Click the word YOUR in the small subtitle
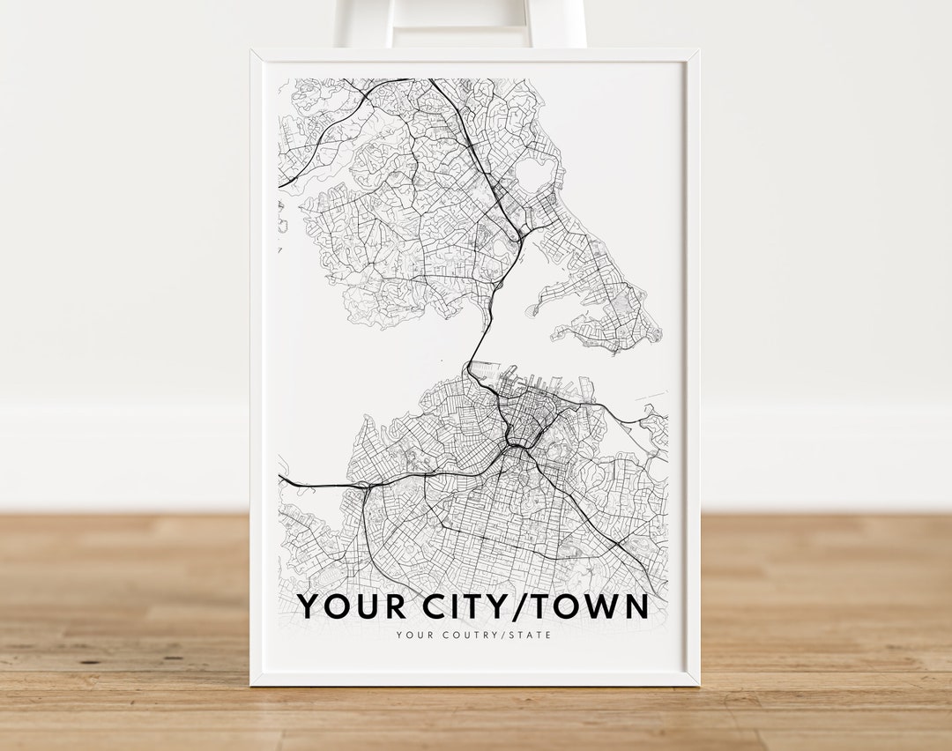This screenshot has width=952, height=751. coord(412,635)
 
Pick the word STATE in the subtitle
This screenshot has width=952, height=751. coord(532,635)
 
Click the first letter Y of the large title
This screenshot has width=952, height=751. coord(309,607)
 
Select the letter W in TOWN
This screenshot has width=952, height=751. coord(604,607)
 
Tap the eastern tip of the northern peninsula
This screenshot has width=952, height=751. coord(657,332)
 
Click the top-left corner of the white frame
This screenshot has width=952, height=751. coord(252,51)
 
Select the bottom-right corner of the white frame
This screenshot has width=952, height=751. coord(698,683)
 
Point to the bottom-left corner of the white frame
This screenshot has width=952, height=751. coord(252,683)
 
